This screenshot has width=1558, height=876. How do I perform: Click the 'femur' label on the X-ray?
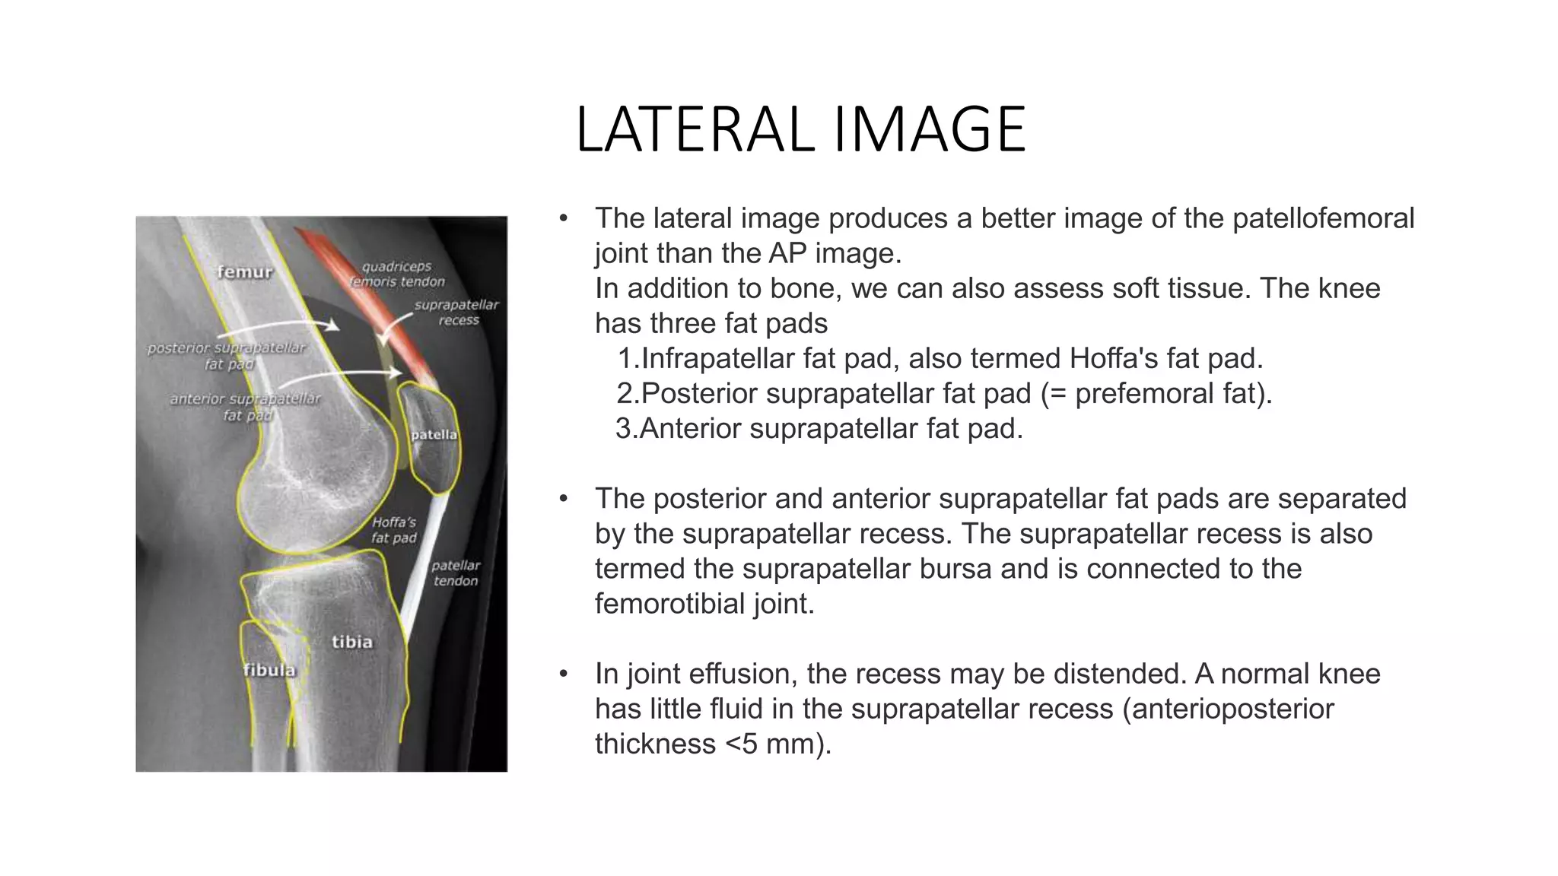(244, 271)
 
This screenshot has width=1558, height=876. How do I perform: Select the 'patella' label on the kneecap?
(434, 435)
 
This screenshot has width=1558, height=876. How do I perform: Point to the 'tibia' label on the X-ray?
(352, 642)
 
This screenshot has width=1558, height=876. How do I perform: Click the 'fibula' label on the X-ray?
(269, 670)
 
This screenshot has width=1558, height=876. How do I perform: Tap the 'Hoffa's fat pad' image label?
(393, 530)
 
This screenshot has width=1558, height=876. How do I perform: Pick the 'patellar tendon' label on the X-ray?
(456, 573)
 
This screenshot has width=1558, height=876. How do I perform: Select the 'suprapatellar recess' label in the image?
(456, 313)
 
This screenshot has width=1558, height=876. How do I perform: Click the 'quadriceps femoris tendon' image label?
(396, 274)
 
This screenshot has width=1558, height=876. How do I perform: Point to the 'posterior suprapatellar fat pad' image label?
(226, 356)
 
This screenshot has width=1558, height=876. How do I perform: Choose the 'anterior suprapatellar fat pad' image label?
(245, 407)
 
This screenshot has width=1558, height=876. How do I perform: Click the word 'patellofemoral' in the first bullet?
(1323, 218)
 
